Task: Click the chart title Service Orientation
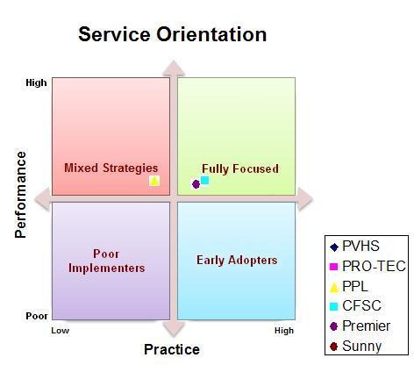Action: (173, 34)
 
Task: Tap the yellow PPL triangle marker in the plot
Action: (154, 181)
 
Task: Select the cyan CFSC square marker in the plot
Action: (204, 180)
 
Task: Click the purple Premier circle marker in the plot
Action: (196, 184)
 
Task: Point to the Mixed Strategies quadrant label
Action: (111, 168)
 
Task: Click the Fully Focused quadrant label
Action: (240, 168)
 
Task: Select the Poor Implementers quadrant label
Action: (106, 261)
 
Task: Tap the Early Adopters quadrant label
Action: (237, 261)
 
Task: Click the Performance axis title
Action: (20, 195)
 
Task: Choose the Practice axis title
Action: (172, 349)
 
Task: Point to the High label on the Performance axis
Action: (36, 82)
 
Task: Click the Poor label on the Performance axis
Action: (37, 316)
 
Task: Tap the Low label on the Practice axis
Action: (61, 331)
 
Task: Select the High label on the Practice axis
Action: (284, 331)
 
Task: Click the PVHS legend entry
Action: (354, 247)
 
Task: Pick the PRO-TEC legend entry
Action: (368, 266)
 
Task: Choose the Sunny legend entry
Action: (355, 347)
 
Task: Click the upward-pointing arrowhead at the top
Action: (174, 68)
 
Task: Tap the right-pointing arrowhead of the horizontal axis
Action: (305, 199)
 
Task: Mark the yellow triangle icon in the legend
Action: (333, 287)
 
